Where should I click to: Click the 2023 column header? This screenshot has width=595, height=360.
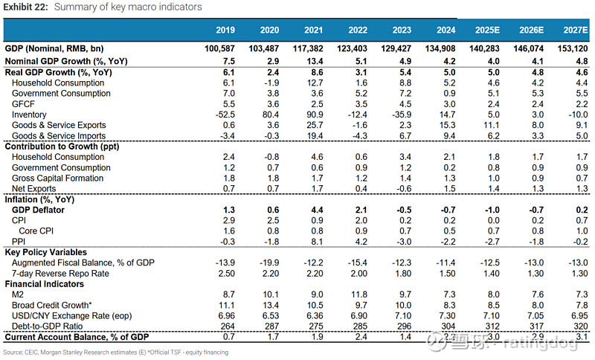pyautogui.click(x=402, y=30)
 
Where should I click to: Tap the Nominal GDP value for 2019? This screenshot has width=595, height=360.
pyautogui.click(x=221, y=48)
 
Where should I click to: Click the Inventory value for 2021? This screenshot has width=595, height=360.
pyautogui.click(x=313, y=115)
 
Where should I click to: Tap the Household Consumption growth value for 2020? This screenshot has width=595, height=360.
pyautogui.click(x=269, y=83)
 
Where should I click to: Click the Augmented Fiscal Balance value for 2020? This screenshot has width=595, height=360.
pyautogui.click(x=269, y=263)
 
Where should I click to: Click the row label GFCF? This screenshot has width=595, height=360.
pyautogui.click(x=25, y=104)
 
